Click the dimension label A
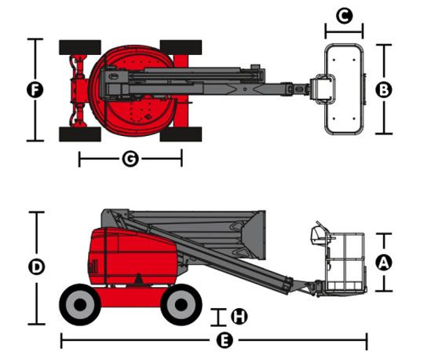tap(384, 262)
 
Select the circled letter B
tap(384, 90)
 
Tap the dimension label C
tap(344, 16)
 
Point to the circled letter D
tap(36, 266)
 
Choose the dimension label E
tap(225, 340)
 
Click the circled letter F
tap(35, 90)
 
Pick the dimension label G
tap(130, 159)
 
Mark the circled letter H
tap(239, 316)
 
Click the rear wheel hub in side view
tap(80, 305)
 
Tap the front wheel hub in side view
tap(181, 305)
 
